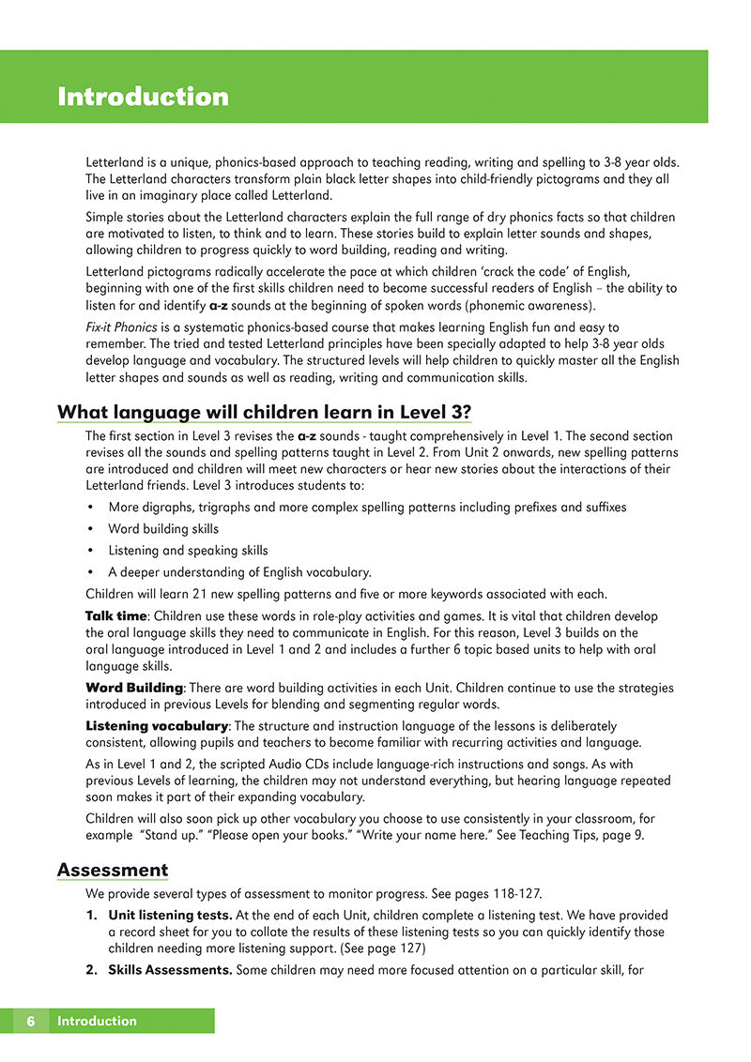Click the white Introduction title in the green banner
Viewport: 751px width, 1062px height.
point(143,97)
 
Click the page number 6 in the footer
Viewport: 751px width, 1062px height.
point(31,1021)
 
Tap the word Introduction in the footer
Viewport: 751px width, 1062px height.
point(97,1021)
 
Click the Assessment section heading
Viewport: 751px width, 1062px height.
point(113,870)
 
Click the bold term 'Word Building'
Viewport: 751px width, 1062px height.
point(133,688)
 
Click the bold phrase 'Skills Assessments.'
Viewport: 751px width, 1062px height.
point(170,969)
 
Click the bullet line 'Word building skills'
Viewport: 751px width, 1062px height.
point(163,529)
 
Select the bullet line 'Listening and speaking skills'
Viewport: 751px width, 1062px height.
point(188,551)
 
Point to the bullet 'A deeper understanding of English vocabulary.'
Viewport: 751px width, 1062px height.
point(239,572)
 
